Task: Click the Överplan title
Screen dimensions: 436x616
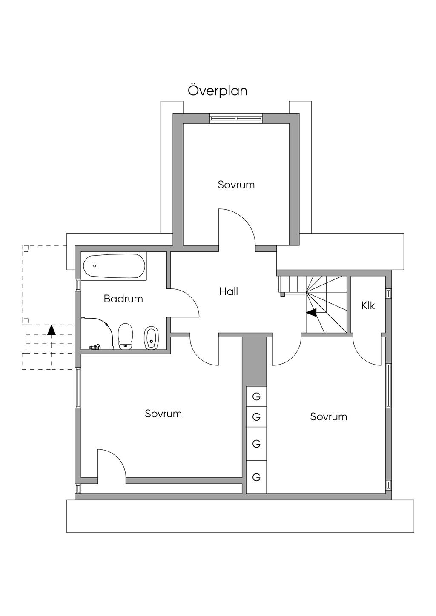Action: [218, 90]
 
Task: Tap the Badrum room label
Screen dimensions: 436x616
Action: [123, 299]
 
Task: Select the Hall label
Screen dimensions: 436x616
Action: [229, 291]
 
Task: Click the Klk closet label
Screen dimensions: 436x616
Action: [368, 305]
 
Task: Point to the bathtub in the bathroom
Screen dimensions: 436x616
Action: [114, 266]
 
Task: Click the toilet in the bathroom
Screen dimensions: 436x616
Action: [126, 337]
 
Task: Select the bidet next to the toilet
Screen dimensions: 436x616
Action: [151, 338]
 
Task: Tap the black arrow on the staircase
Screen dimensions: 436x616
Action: [311, 312]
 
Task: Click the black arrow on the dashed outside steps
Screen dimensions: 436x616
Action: [52, 330]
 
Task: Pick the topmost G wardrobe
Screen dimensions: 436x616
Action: [256, 396]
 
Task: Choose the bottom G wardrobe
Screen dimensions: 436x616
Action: [256, 477]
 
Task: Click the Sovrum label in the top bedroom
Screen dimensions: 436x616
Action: [236, 185]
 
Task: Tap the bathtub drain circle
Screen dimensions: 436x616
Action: [95, 266]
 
